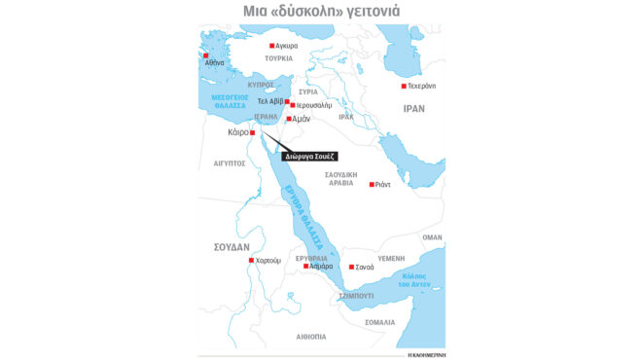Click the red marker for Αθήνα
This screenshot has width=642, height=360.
tap(204, 55)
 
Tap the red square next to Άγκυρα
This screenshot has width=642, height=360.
tap(271, 46)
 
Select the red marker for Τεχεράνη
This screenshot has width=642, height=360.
tap(403, 87)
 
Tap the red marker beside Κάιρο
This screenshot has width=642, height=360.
tap(252, 132)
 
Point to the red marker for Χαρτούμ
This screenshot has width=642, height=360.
tap(251, 261)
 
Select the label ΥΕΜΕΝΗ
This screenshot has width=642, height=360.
tap(390, 258)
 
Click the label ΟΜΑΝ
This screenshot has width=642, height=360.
tap(432, 236)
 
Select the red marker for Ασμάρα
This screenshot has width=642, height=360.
tap(305, 266)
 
